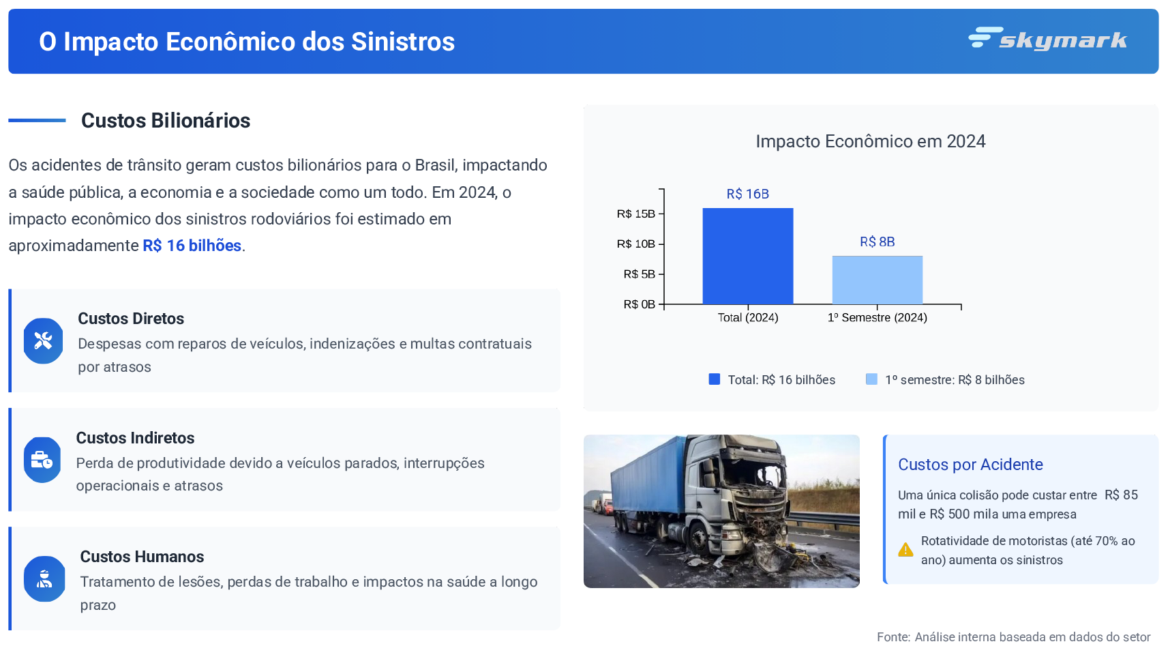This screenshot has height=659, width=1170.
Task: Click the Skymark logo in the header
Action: tap(1047, 39)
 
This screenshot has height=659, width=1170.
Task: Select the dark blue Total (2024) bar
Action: tap(748, 256)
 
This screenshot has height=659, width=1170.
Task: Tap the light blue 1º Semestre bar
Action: tap(877, 280)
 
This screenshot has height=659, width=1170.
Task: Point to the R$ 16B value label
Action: tap(748, 194)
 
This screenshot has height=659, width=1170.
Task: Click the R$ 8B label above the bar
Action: tap(877, 241)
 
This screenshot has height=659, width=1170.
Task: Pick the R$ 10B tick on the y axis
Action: tap(636, 244)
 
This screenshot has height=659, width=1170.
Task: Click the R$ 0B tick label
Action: tap(640, 304)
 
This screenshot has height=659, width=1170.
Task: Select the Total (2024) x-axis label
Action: tap(748, 317)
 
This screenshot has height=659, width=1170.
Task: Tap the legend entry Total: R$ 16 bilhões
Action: tap(772, 379)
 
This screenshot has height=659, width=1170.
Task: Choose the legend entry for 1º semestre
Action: tap(945, 379)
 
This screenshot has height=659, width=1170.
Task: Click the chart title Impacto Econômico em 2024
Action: tap(871, 141)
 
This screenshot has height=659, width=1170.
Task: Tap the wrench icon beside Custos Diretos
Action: tap(43, 340)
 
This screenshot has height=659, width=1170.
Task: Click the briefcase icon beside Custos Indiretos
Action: tap(42, 460)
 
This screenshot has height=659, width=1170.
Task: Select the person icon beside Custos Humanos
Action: tap(44, 579)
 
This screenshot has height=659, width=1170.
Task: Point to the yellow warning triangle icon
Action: tap(905, 550)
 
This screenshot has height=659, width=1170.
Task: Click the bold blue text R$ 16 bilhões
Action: tap(192, 246)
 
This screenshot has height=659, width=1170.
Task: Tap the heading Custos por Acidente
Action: tap(970, 465)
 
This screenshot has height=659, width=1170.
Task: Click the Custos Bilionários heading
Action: tap(166, 121)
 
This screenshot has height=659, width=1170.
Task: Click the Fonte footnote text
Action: tap(1013, 637)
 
